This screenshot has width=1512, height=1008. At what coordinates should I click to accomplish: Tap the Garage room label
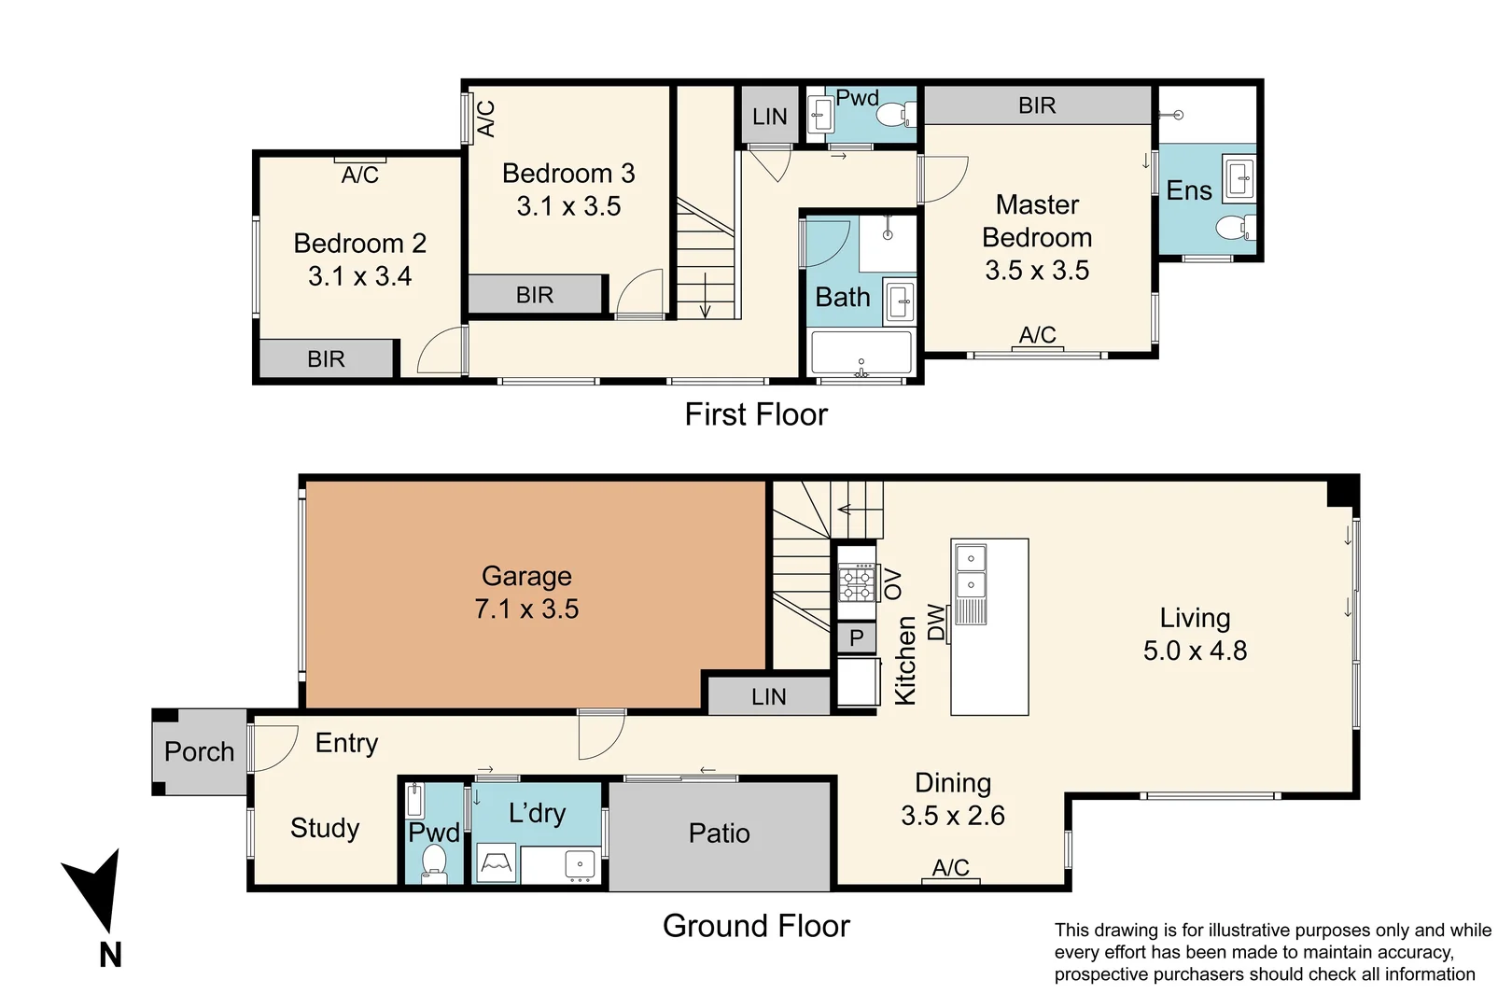click(x=526, y=576)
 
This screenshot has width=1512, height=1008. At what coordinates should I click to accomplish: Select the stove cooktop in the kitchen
click(x=857, y=584)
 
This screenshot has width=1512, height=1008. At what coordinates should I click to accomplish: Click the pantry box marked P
click(x=857, y=637)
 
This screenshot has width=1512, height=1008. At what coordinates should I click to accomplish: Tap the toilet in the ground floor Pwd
click(x=434, y=862)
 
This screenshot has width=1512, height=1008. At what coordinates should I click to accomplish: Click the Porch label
click(x=199, y=751)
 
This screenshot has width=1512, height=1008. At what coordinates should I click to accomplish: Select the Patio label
click(x=719, y=833)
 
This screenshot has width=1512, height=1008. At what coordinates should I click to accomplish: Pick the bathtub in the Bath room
click(x=861, y=353)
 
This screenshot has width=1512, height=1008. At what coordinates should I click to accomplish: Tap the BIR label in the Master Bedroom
click(x=1037, y=105)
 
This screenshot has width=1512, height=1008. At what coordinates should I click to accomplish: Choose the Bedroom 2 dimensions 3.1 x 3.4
click(x=359, y=276)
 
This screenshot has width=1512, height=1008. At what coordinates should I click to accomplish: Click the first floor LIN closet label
click(x=769, y=117)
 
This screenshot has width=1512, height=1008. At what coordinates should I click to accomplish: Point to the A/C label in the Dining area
click(x=950, y=868)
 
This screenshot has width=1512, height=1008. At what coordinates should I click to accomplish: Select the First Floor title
click(x=756, y=414)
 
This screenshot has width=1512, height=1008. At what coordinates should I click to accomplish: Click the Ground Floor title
click(x=756, y=926)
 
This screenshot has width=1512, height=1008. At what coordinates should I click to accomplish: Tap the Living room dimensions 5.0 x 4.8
click(x=1195, y=651)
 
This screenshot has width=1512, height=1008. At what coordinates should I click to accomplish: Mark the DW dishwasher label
click(x=936, y=622)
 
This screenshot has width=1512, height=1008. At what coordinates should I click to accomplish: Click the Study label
click(x=325, y=829)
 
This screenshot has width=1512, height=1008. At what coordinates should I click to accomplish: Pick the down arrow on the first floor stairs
click(x=706, y=295)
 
